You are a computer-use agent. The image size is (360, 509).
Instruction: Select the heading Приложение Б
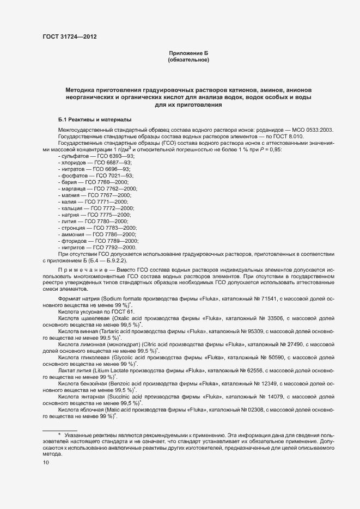click(188, 52)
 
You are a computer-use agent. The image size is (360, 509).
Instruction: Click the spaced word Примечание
click(81, 271)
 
